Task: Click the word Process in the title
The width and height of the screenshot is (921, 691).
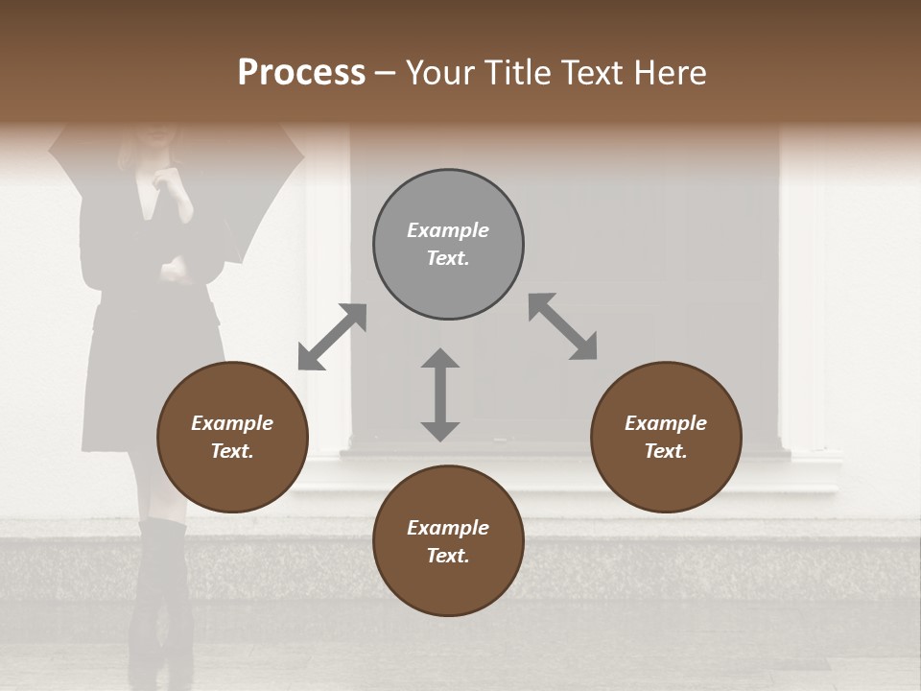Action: (301, 73)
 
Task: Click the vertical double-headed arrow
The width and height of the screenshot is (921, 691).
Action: (440, 394)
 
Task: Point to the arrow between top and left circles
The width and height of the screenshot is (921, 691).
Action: (332, 337)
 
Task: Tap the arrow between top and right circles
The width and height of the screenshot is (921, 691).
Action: (562, 327)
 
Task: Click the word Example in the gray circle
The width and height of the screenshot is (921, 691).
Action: (448, 230)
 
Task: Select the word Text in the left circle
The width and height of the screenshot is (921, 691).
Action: (232, 451)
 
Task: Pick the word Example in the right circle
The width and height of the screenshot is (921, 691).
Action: (666, 423)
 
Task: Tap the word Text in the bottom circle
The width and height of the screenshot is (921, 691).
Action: (448, 556)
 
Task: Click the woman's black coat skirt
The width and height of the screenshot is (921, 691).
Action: (153, 374)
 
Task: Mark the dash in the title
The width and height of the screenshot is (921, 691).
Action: (385, 74)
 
